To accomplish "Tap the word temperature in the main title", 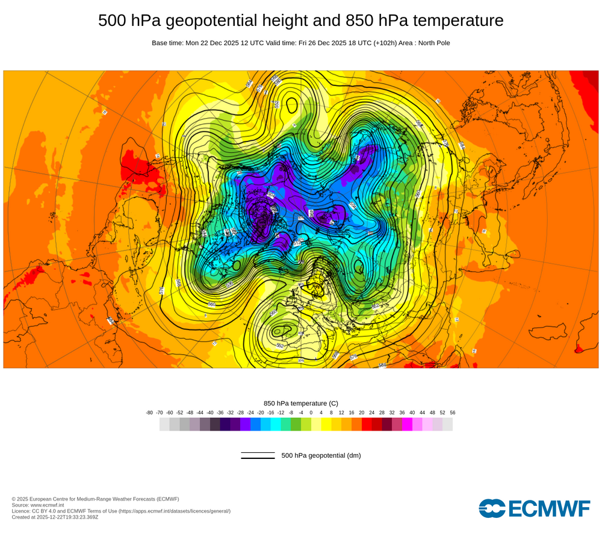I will [x=455, y=20].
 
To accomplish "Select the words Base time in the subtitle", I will [x=167, y=43].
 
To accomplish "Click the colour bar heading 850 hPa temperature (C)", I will [x=301, y=403].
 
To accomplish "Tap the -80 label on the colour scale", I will [x=149, y=413].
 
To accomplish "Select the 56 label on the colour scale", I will [x=453, y=413].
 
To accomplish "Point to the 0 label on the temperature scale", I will [x=311, y=413].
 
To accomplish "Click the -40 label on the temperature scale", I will [x=210, y=413].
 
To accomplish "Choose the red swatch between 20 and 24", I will [x=367, y=424].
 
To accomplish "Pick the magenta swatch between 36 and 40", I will [x=407, y=424].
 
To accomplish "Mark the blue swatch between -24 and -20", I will [x=255, y=424].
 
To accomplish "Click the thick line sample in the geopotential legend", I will [x=258, y=458].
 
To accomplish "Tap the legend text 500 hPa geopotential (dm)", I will [x=321, y=455].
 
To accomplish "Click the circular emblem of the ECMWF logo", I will [x=492, y=508].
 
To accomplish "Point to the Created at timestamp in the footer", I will [x=55, y=517].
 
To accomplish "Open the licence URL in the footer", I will [x=174, y=511].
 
